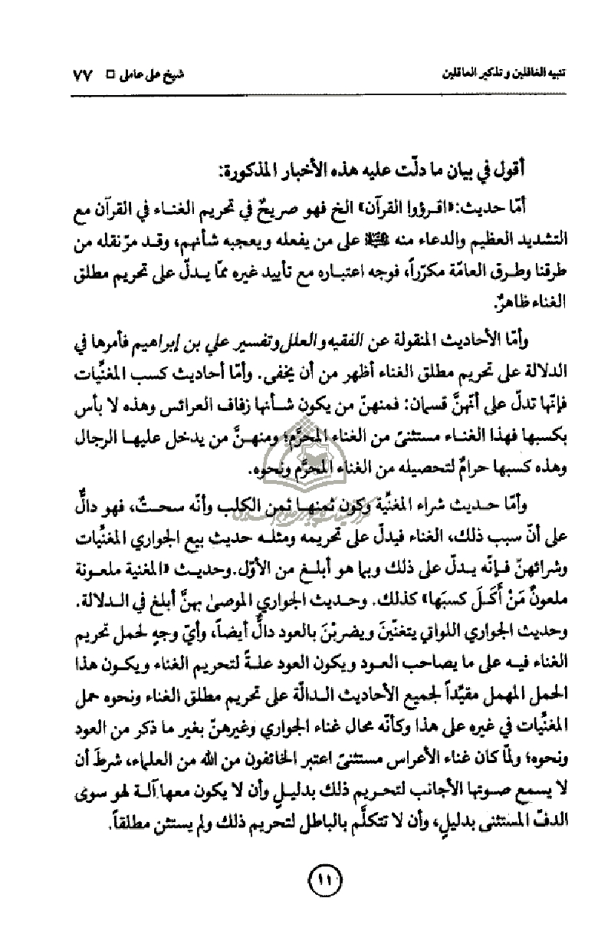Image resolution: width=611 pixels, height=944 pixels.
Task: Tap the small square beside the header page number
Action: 108,78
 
